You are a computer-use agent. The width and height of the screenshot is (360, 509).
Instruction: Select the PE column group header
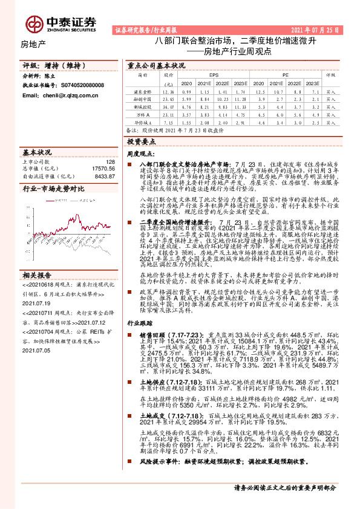286,75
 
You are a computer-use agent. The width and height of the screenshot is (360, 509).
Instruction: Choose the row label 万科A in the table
142,114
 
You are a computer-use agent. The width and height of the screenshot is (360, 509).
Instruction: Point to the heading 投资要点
139,141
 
